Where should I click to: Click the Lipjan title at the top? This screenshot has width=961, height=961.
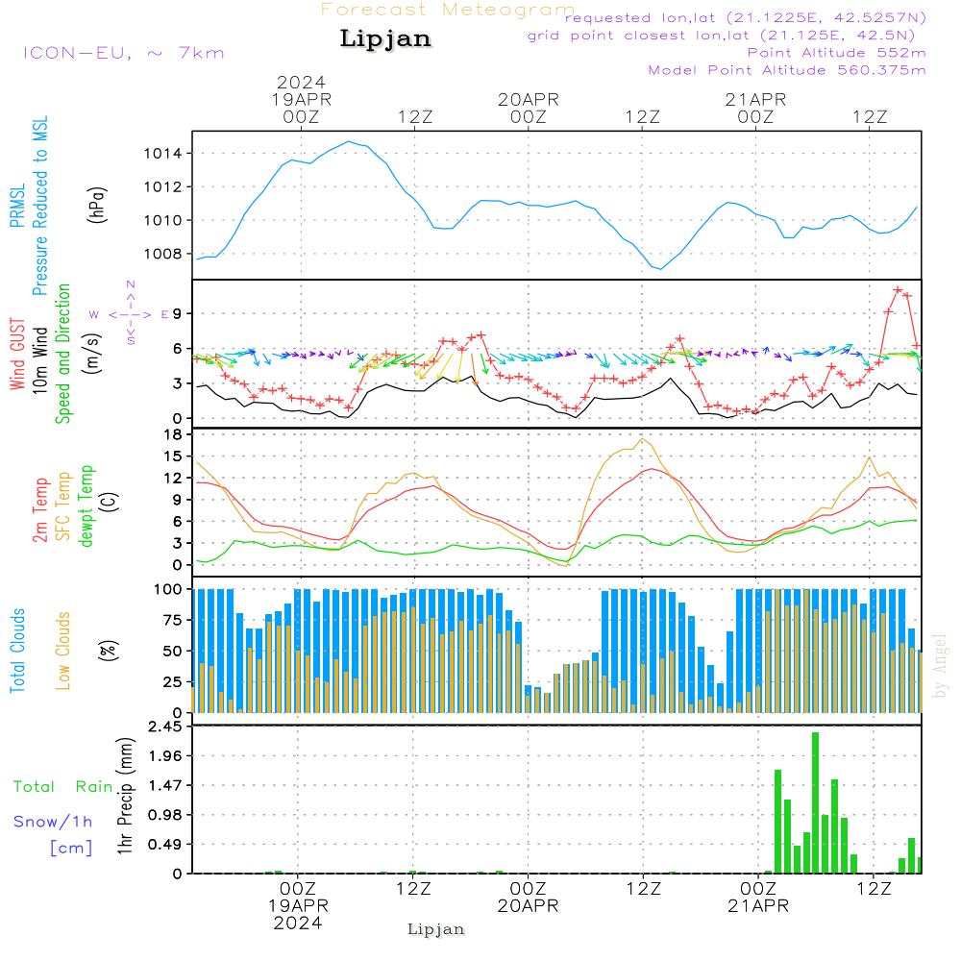click(x=385, y=38)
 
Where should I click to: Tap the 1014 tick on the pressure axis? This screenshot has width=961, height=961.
click(x=163, y=153)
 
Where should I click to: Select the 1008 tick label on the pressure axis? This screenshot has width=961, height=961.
click(x=163, y=254)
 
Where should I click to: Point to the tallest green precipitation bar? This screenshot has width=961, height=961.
click(x=815, y=802)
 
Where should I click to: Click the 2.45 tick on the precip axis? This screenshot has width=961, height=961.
click(x=165, y=727)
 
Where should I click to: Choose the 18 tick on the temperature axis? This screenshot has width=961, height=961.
click(x=174, y=434)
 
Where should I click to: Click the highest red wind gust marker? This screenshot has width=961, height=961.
click(x=898, y=290)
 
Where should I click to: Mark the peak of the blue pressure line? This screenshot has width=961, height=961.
click(x=349, y=141)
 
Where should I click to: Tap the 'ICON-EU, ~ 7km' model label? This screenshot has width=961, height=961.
click(x=124, y=53)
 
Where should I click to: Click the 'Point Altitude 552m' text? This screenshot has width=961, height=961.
click(x=836, y=53)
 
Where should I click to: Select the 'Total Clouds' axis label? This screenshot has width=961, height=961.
click(x=17, y=651)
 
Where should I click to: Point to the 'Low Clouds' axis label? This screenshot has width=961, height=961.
click(x=63, y=651)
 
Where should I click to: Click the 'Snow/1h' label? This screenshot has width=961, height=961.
click(x=53, y=822)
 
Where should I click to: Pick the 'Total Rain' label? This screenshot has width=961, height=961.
click(x=63, y=786)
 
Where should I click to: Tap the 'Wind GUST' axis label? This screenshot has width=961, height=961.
click(x=17, y=354)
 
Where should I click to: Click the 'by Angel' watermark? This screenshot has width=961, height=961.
click(x=940, y=666)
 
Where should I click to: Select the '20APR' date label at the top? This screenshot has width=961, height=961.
click(x=529, y=99)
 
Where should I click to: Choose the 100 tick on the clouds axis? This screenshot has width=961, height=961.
click(x=168, y=589)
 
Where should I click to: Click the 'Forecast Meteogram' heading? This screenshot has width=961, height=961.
click(x=448, y=10)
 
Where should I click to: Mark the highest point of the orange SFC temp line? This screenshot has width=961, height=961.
click(x=642, y=438)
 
